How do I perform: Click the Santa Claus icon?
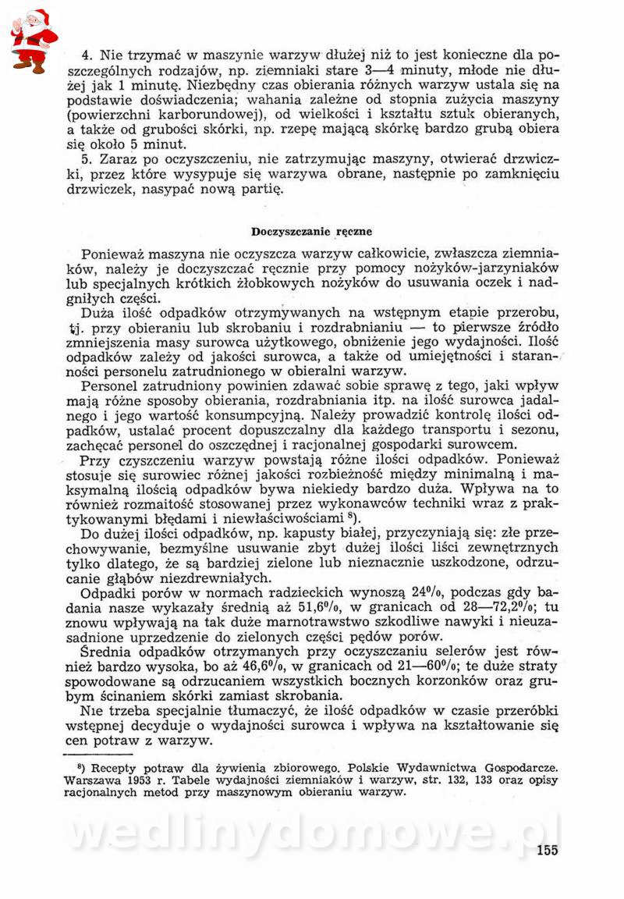tap(33, 41)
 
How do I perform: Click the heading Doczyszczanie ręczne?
tap(311, 231)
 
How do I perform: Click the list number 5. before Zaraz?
tap(86, 160)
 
